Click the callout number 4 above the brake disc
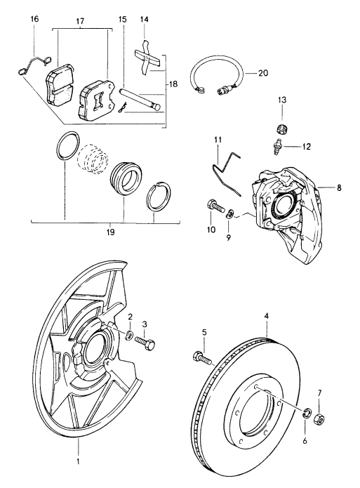pos(266,317)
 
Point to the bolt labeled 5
pos(201,357)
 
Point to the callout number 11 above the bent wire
pos(218,140)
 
